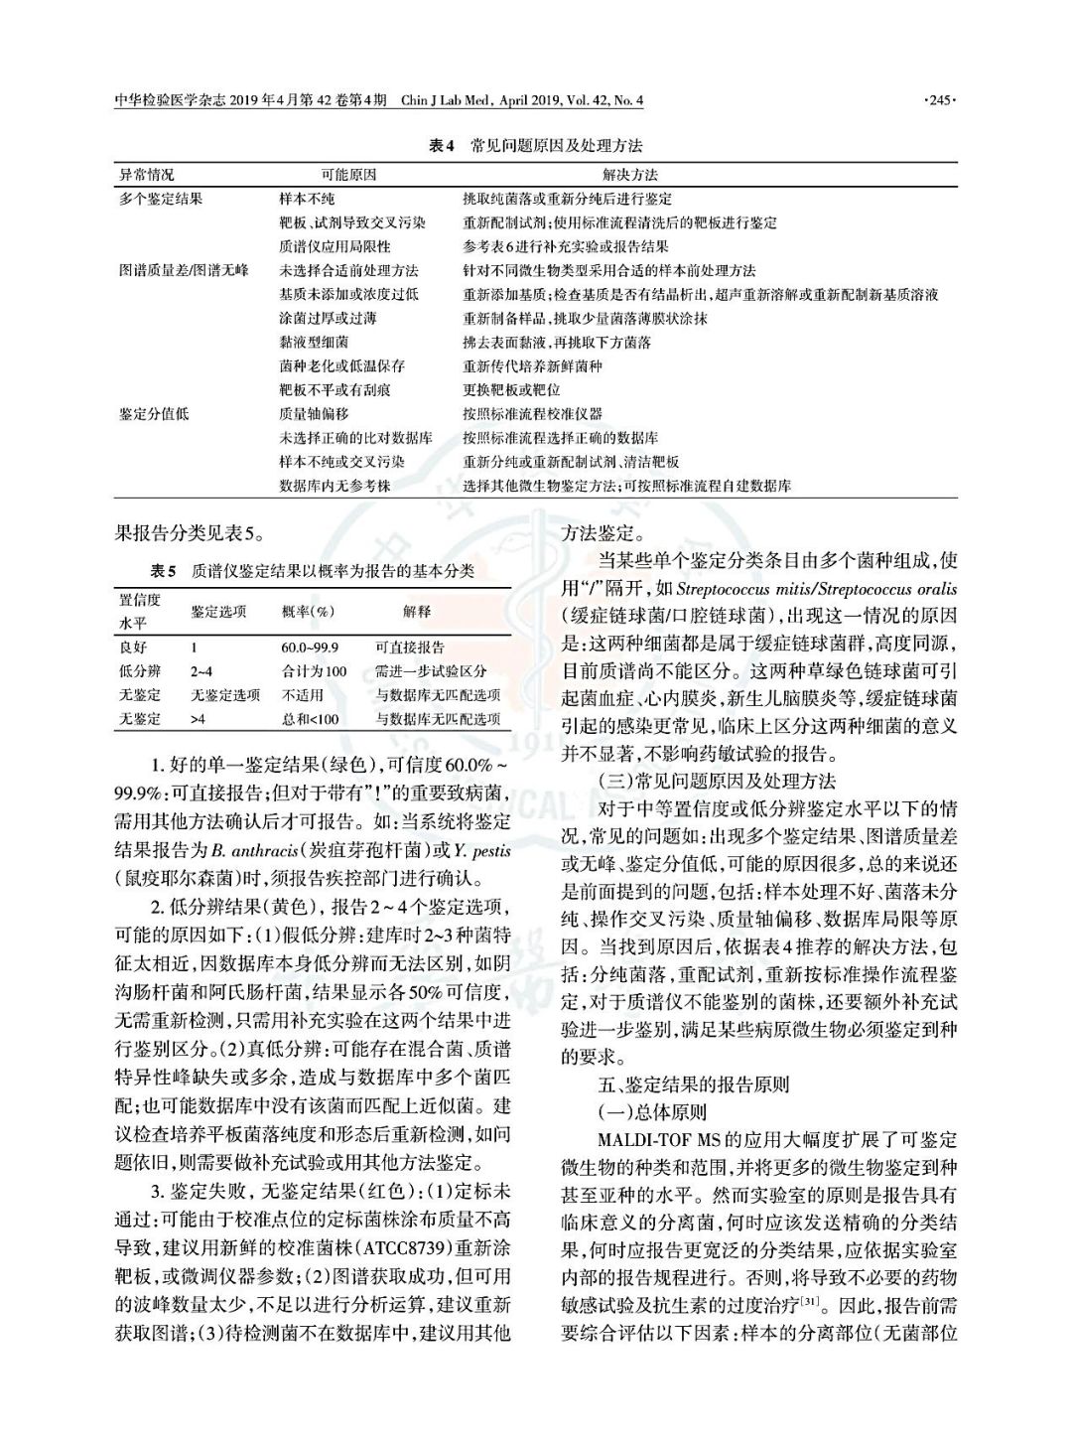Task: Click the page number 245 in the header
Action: tap(938, 100)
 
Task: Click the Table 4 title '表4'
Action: tap(441, 146)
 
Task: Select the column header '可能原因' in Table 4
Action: tap(348, 175)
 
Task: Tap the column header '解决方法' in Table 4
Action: tap(629, 175)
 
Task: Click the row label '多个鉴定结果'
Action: tap(162, 199)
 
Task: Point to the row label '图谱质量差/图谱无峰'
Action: tap(185, 270)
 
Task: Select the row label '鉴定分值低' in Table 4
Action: tap(154, 414)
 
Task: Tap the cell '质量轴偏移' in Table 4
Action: tap(314, 414)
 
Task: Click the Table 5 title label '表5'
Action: tap(163, 572)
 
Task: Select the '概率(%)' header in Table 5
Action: tap(308, 612)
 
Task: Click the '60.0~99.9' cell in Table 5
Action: tap(310, 648)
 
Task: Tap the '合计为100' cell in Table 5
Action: tap(314, 671)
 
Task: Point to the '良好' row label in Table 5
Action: tap(133, 648)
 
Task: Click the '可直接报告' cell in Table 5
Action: tap(410, 648)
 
